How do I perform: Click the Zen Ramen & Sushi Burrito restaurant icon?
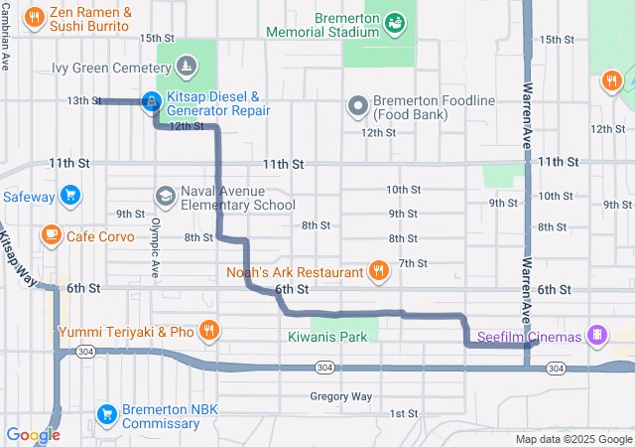pos(35,17)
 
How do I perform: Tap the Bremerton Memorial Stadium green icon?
pos(394,21)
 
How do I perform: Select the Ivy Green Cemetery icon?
pos(186,68)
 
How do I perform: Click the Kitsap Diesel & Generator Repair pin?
pos(150,101)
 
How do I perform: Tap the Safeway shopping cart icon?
pos(69,195)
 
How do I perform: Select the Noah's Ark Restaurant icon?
pos(378,269)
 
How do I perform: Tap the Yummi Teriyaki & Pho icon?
pos(208,330)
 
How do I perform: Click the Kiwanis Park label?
pos(326,337)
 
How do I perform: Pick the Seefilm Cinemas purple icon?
pos(596,335)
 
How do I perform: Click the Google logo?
pos(33,434)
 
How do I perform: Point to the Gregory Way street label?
pos(340,396)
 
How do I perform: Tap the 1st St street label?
pos(403,413)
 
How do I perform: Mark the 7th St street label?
pos(412,263)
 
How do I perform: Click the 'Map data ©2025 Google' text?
pos(572,439)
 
